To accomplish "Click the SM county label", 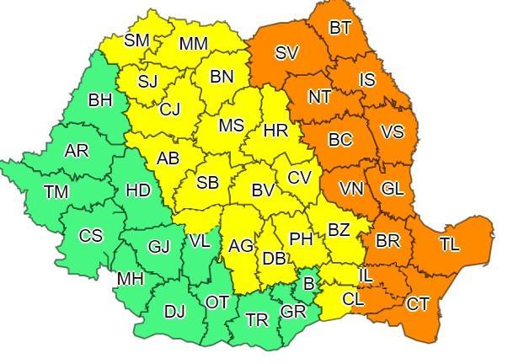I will tap(136, 40).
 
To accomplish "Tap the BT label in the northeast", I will tap(339, 28).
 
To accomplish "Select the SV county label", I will tap(286, 52).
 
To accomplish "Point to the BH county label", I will tap(99, 100).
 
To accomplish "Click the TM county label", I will tap(56, 192).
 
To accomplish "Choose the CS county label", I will tap(90, 235).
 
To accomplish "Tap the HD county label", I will tap(137, 190).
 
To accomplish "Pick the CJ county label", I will tap(169, 109).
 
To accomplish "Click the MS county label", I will tap(231, 126).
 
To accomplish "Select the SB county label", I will tap(207, 183).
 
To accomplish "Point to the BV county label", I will tap(263, 190).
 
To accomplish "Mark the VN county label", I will tap(351, 188).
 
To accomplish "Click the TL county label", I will tap(449, 244).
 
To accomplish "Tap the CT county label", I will tap(417, 303).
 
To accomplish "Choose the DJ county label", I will tap(174, 312).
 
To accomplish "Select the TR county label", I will tap(256, 319).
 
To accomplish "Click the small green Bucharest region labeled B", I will tap(309, 284).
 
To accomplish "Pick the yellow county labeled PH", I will tap(301, 238).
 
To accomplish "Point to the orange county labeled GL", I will tap(392, 189).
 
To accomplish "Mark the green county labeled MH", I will tap(130, 278).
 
